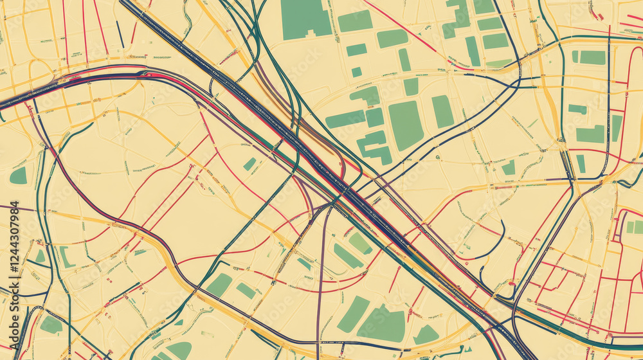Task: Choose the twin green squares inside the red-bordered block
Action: tap(634, 227)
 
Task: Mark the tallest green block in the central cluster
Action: tap(406, 125)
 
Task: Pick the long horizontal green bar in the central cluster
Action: tap(345, 119)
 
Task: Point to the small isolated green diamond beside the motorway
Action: tap(249, 164)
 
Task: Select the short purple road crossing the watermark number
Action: tap(8, 208)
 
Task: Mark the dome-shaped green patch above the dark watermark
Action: tap(19, 175)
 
